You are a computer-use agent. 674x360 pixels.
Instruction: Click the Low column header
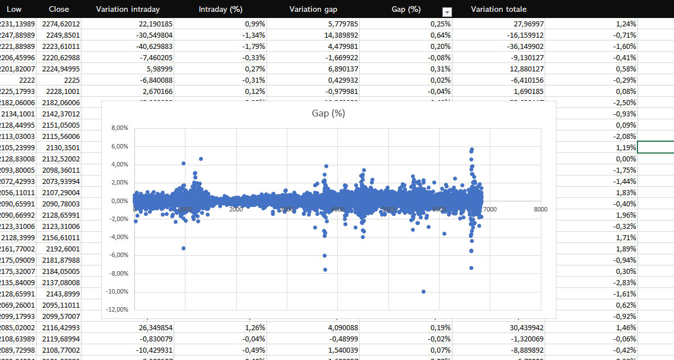(x=14, y=9)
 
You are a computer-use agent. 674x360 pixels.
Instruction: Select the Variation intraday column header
(x=128, y=9)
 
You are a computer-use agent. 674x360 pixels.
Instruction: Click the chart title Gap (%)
(x=328, y=113)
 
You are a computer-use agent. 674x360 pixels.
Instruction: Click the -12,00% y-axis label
(x=117, y=309)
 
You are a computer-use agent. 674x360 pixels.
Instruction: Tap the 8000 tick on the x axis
(x=540, y=209)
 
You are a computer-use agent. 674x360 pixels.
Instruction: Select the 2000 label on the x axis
(x=236, y=209)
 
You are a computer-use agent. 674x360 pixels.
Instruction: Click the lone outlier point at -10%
(x=423, y=291)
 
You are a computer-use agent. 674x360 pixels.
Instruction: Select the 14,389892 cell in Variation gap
(x=337, y=35)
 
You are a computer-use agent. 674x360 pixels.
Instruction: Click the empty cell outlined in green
(x=655, y=147)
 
